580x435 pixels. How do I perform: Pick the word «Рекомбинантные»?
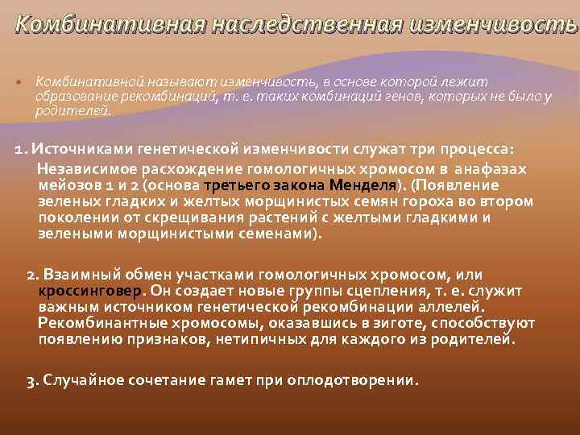[x=100, y=323]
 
